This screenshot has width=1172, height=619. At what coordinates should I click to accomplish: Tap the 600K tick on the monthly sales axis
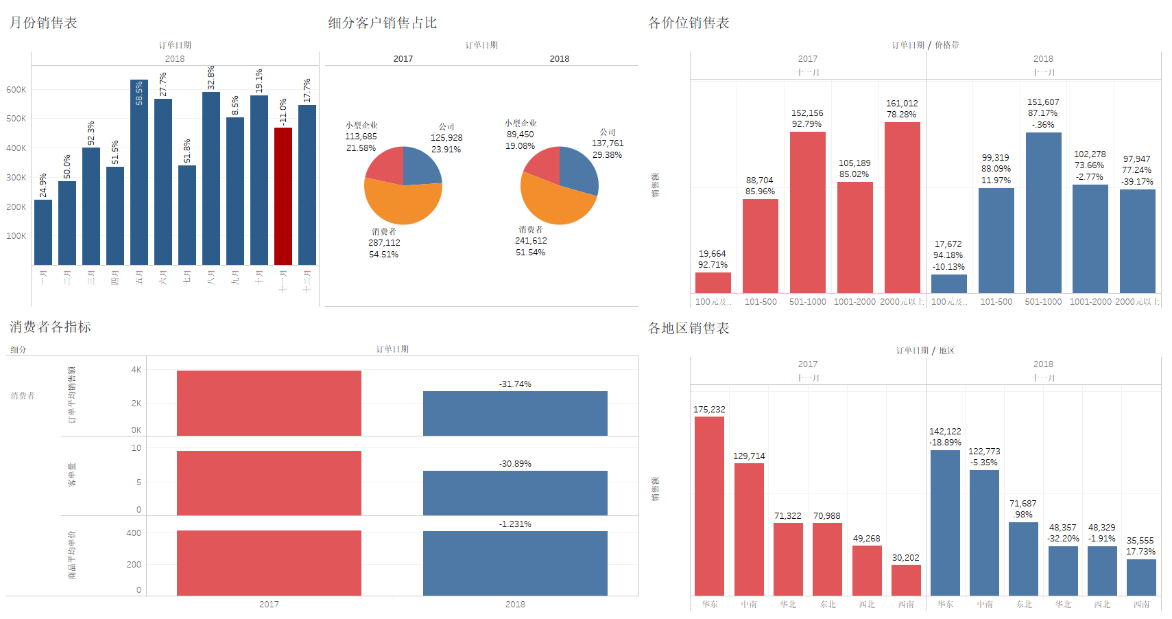[x=16, y=90]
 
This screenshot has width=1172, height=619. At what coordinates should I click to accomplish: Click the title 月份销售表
[x=43, y=23]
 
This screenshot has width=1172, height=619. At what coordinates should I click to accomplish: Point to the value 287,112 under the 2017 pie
[x=384, y=243]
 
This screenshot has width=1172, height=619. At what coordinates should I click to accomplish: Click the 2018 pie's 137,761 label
[x=608, y=143]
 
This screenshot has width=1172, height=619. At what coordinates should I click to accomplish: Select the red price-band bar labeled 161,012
[x=902, y=207]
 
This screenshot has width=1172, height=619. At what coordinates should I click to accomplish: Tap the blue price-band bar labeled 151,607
[x=1043, y=213]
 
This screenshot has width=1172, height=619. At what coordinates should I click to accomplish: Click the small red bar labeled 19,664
[x=713, y=283]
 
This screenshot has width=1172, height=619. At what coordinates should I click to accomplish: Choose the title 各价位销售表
[x=689, y=23]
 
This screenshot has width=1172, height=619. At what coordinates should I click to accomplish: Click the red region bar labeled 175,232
[x=709, y=506]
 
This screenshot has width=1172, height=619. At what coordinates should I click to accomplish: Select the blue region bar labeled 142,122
[x=945, y=522]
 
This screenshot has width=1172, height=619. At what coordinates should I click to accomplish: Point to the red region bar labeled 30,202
[x=906, y=580]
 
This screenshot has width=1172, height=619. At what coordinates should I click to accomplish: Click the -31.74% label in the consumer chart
[x=515, y=384]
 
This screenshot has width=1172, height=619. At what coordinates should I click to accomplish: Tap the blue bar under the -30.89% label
[x=515, y=493]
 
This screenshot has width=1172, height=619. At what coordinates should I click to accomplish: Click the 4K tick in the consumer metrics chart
[x=136, y=370]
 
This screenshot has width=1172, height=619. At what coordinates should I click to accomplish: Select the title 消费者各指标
[x=50, y=327]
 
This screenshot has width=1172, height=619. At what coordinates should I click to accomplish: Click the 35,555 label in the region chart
[x=1140, y=541]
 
